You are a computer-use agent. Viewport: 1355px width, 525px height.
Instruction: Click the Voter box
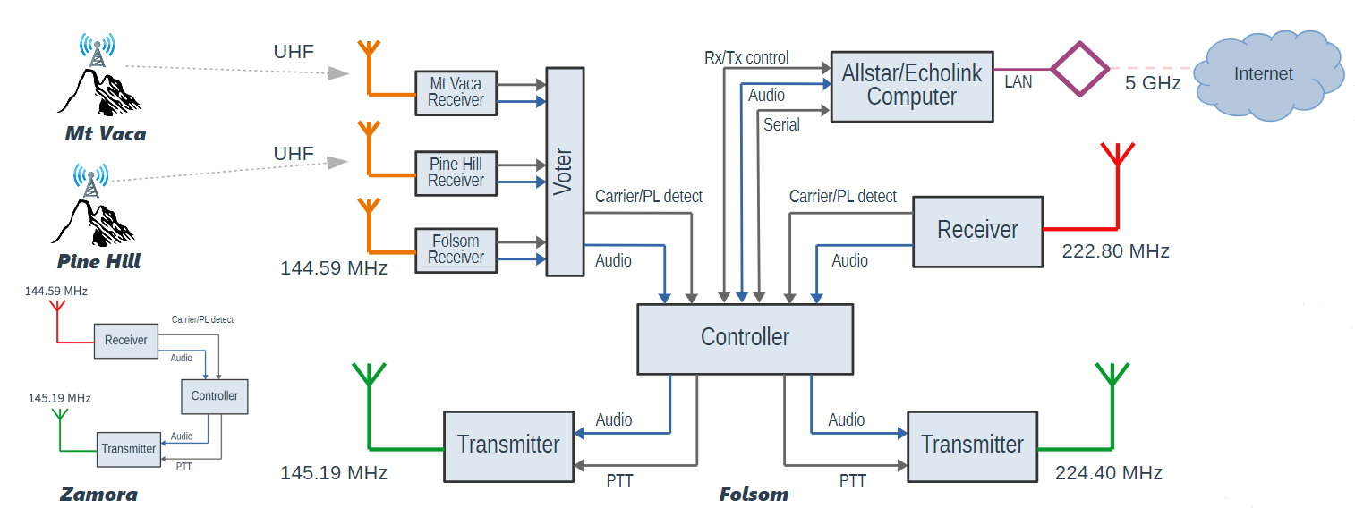[x=564, y=171]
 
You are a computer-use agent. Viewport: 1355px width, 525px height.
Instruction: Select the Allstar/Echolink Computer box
[x=911, y=86]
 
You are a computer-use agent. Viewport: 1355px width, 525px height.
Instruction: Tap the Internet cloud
[x=1263, y=75]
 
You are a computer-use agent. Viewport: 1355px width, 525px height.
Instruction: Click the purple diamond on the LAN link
[x=1078, y=69]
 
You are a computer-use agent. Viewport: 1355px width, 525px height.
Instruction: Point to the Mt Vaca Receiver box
[x=456, y=92]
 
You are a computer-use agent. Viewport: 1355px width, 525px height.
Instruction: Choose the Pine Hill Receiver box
[x=456, y=173]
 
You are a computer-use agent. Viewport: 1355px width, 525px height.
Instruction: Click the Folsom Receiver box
[x=456, y=250]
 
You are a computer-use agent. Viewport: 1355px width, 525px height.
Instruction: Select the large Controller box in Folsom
[x=745, y=338]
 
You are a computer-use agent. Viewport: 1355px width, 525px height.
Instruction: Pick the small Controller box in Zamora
[x=215, y=395]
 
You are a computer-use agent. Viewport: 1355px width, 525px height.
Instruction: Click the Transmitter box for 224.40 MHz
[x=972, y=445]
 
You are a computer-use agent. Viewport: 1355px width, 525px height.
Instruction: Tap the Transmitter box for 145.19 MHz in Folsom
[x=508, y=445]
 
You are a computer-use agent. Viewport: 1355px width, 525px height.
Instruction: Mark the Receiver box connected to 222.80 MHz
[x=977, y=231]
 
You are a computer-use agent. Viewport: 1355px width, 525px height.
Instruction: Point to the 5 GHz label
[x=1153, y=84]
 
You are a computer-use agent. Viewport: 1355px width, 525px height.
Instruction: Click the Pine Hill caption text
[x=98, y=262]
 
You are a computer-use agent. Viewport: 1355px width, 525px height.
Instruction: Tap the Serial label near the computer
[x=781, y=125]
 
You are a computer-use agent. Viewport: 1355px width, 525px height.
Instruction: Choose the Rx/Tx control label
[x=746, y=58]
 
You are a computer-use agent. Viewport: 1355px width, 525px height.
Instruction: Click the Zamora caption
[x=98, y=495]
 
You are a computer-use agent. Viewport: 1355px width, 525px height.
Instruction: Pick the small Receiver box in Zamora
[x=125, y=340]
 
